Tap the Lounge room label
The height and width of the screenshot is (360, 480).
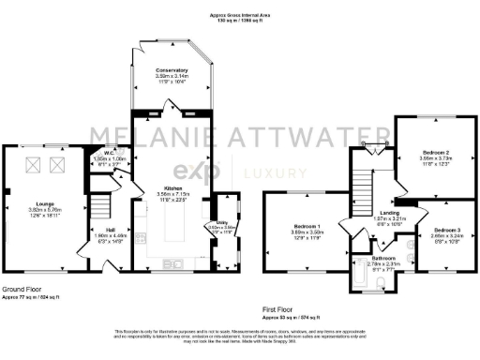[44, 202]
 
